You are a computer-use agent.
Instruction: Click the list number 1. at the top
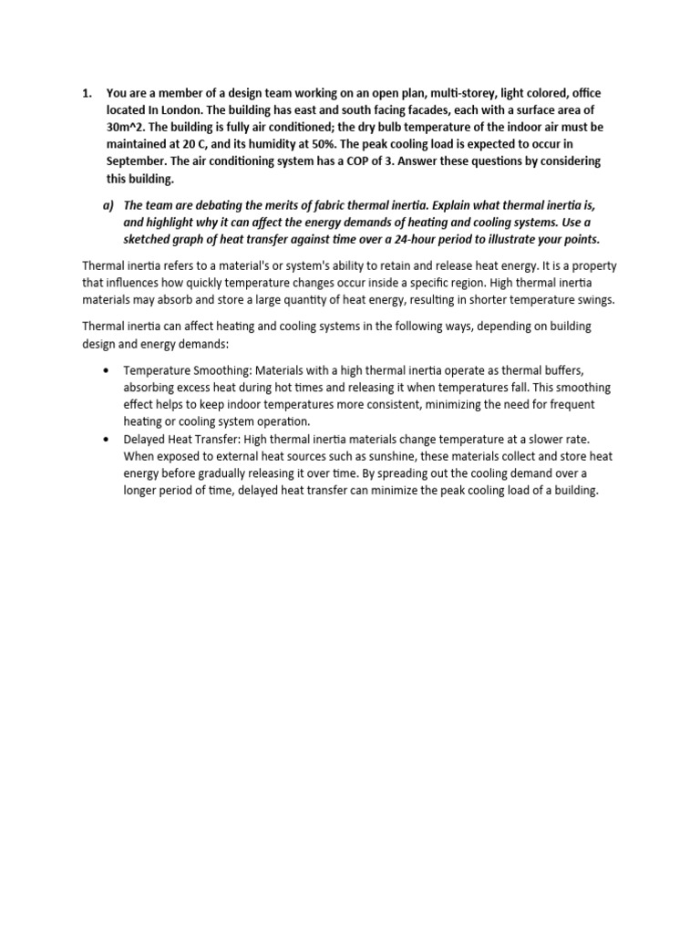87,93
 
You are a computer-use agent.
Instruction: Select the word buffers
583,371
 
